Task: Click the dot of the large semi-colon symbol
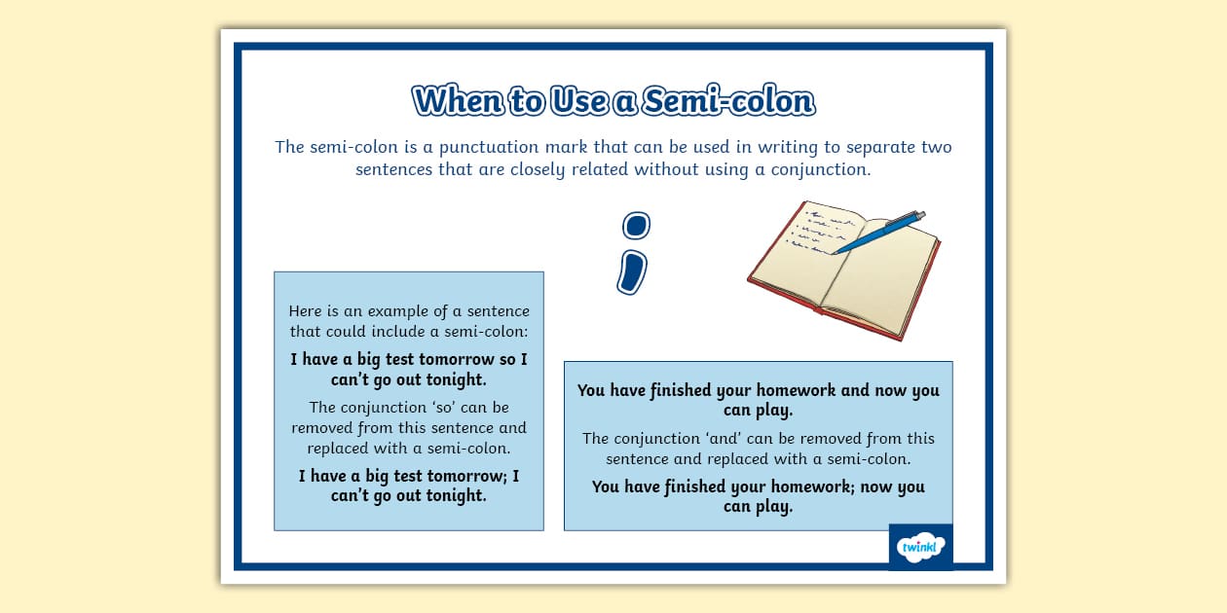coord(636,226)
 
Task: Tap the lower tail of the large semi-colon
coord(631,271)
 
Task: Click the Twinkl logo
coord(920,547)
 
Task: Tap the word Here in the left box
coord(306,311)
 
